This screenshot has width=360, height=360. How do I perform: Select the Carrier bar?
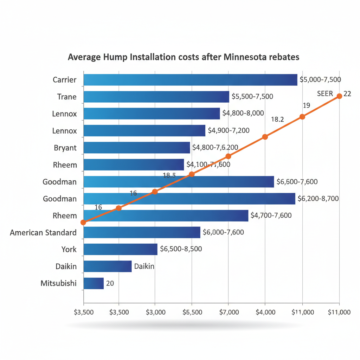(190, 80)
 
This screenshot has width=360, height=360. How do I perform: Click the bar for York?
(120, 249)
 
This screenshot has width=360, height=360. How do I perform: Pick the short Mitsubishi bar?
(94, 283)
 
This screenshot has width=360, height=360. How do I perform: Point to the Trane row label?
(67, 97)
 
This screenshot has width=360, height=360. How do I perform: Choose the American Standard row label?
(43, 232)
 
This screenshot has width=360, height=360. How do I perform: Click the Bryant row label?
(65, 148)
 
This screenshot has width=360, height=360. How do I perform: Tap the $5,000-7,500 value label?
(320, 79)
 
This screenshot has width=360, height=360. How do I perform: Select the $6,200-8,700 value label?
(318, 199)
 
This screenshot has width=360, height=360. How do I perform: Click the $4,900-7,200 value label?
(229, 131)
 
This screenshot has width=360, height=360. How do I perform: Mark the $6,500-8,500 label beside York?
(181, 249)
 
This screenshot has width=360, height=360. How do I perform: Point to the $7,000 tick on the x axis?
(229, 312)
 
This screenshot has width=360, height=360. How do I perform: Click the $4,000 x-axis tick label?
(265, 312)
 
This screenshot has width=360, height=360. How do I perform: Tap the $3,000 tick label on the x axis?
(155, 312)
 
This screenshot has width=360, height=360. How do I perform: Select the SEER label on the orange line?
(325, 94)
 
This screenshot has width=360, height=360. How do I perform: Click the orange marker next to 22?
(339, 96)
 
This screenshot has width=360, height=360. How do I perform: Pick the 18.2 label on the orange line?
(277, 120)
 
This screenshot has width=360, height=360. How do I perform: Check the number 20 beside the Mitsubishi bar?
(110, 283)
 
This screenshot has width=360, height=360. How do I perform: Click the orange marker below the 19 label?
(302, 117)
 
